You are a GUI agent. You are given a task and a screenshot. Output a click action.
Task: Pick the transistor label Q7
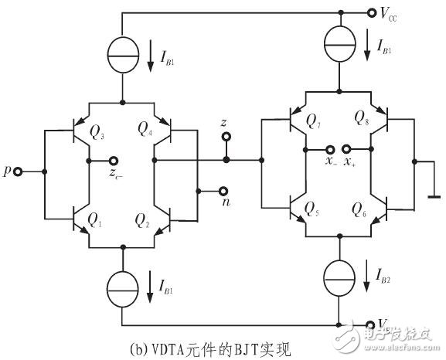[x=313, y=121]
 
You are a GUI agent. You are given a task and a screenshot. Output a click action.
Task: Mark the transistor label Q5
[x=312, y=208]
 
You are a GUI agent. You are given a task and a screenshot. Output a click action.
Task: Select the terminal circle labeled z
[x=226, y=138]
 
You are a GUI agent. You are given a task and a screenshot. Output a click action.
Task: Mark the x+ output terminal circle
[x=347, y=149]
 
